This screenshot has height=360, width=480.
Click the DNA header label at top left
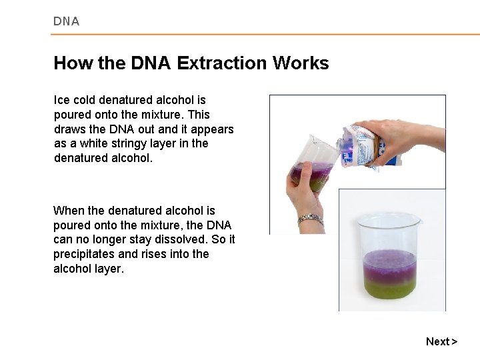(67, 21)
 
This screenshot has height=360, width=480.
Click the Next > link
(441, 341)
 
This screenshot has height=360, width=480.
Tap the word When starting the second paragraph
(68, 210)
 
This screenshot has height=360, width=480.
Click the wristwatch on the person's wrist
(306, 219)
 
